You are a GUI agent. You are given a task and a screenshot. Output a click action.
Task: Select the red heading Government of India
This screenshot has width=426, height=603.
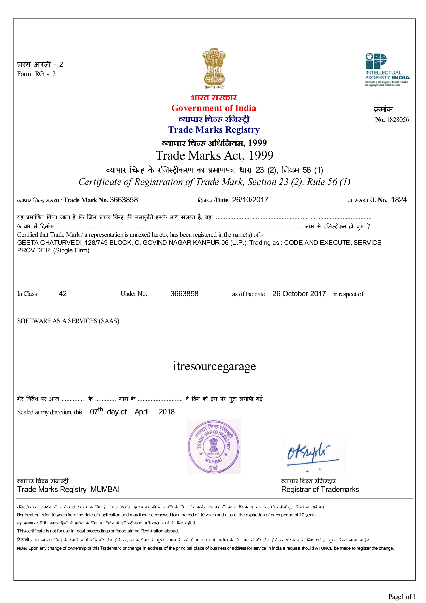point(214,108)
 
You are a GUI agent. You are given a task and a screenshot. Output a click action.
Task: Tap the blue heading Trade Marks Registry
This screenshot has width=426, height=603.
point(214,130)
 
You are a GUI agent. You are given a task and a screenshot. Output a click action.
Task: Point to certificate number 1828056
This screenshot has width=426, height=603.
point(397,120)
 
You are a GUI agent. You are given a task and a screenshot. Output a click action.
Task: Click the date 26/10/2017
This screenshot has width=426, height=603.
point(250,200)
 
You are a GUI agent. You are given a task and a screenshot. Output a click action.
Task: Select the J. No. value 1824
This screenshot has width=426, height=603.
point(399,200)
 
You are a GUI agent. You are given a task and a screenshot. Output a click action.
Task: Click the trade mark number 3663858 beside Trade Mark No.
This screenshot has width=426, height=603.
point(124,200)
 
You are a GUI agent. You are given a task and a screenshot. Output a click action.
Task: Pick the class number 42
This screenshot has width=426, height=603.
point(63,294)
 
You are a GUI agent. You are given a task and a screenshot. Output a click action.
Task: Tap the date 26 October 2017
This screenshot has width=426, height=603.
point(299,294)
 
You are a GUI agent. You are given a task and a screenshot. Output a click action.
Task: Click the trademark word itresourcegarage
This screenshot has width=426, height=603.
point(214,366)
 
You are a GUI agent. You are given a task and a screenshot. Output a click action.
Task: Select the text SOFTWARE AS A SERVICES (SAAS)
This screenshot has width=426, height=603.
point(68,321)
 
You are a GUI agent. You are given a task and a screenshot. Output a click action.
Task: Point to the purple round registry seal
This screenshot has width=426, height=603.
point(214,447)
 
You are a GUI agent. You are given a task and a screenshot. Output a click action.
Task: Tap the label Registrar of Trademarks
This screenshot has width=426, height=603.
point(320,490)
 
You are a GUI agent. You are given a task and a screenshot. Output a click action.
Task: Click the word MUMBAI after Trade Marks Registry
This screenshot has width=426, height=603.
point(104,490)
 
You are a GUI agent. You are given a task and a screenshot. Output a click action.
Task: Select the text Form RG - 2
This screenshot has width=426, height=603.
point(36,74)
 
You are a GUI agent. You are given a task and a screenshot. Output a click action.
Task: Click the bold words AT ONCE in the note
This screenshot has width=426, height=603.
point(324,548)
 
